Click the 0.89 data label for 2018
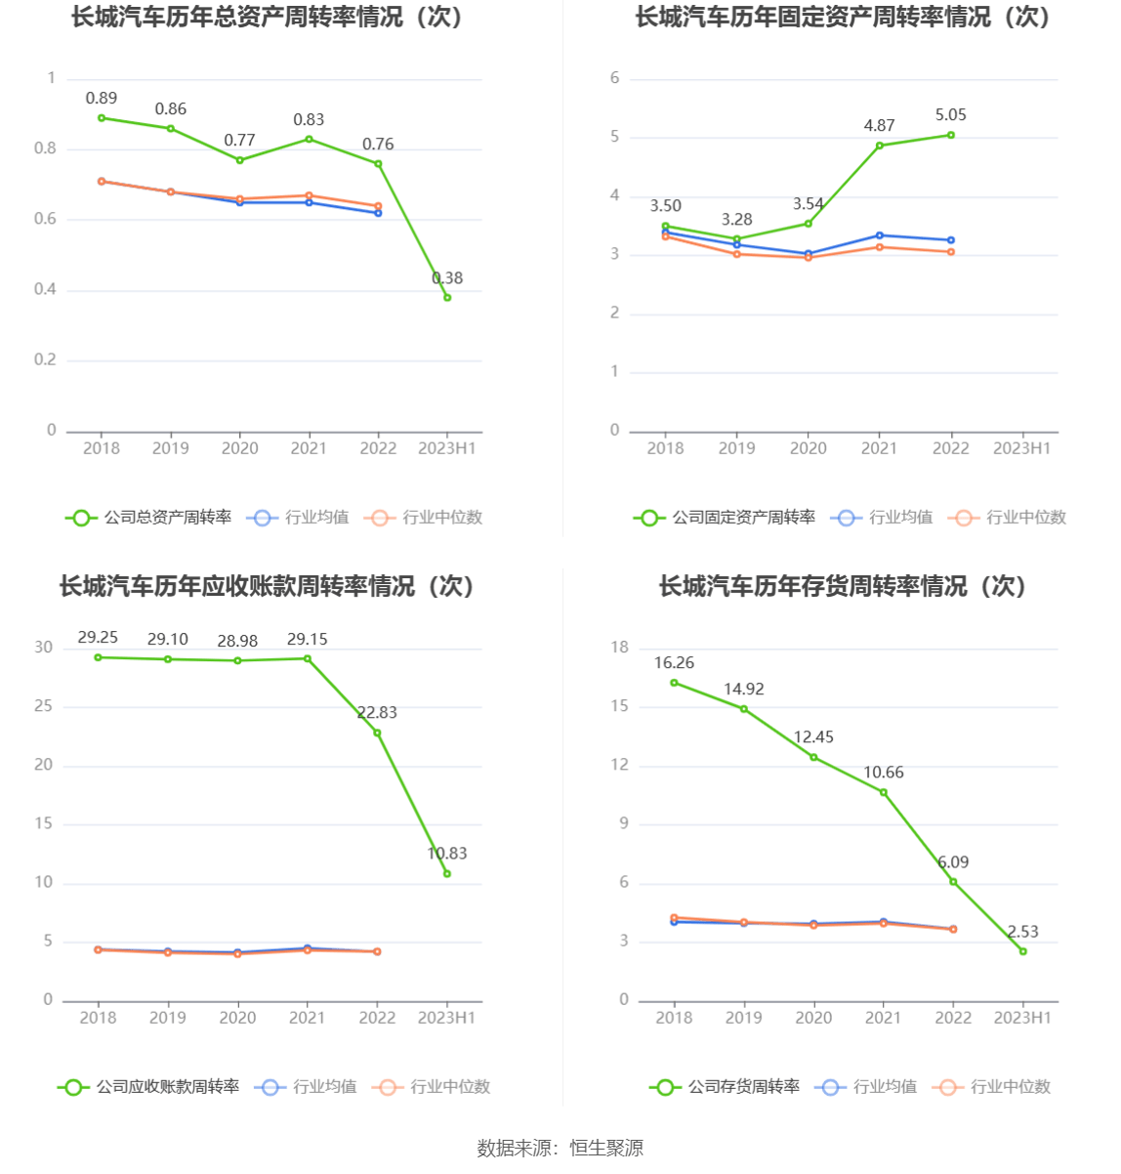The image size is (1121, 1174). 102,98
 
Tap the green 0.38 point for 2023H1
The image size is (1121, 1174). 447,297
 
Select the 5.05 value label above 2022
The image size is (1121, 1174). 950,115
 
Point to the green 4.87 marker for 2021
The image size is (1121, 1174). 880,146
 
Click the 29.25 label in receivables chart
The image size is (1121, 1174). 98,638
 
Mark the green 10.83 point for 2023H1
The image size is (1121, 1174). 447,873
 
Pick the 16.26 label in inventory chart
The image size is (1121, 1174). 674,663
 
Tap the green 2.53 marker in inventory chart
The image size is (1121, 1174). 1023,951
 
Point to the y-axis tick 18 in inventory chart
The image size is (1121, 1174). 620,648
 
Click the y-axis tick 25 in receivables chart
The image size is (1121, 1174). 43,706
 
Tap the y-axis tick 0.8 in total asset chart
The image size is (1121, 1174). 45,148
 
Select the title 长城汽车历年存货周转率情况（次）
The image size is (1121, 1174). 842,586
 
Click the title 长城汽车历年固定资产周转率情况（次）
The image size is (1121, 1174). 842,18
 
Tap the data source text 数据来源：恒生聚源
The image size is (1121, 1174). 560,1149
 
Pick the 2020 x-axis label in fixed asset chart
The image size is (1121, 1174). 808,448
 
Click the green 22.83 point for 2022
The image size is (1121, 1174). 377,733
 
